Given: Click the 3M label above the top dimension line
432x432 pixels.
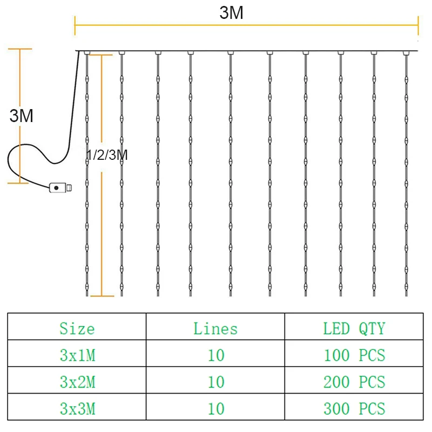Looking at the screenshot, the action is pyautogui.click(x=231, y=13).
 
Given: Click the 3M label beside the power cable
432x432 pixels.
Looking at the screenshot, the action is pyautogui.click(x=22, y=116).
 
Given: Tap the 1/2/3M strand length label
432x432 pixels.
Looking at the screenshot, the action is pyautogui.click(x=107, y=156).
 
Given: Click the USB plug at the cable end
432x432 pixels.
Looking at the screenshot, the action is pyautogui.click(x=59, y=188).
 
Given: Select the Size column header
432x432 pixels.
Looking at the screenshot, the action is pyautogui.click(x=77, y=328).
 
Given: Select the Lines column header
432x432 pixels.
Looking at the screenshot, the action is pyautogui.click(x=215, y=328).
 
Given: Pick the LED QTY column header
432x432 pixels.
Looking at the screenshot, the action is pyautogui.click(x=354, y=328).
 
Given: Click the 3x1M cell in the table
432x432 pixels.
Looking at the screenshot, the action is pyautogui.click(x=77, y=355).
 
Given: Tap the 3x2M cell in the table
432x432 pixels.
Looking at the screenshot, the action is pyautogui.click(x=77, y=382).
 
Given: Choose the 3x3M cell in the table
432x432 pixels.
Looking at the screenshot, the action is pyautogui.click(x=77, y=408).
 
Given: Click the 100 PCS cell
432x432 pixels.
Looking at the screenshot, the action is pyautogui.click(x=354, y=355).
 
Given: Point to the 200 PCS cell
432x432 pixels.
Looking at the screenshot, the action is pyautogui.click(x=354, y=382).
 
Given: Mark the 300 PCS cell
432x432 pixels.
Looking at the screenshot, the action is pyautogui.click(x=354, y=408).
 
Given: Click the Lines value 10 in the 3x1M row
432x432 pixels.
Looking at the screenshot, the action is pyautogui.click(x=215, y=355).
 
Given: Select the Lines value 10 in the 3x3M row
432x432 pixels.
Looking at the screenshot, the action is pyautogui.click(x=215, y=408).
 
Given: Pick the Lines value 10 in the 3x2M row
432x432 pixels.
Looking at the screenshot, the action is pyautogui.click(x=215, y=382).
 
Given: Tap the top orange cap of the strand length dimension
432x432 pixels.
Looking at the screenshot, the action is pyautogui.click(x=102, y=53).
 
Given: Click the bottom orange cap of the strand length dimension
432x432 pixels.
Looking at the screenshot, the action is pyautogui.click(x=102, y=295).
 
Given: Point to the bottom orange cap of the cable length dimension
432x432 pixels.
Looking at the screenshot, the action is pyautogui.click(x=18, y=183).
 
